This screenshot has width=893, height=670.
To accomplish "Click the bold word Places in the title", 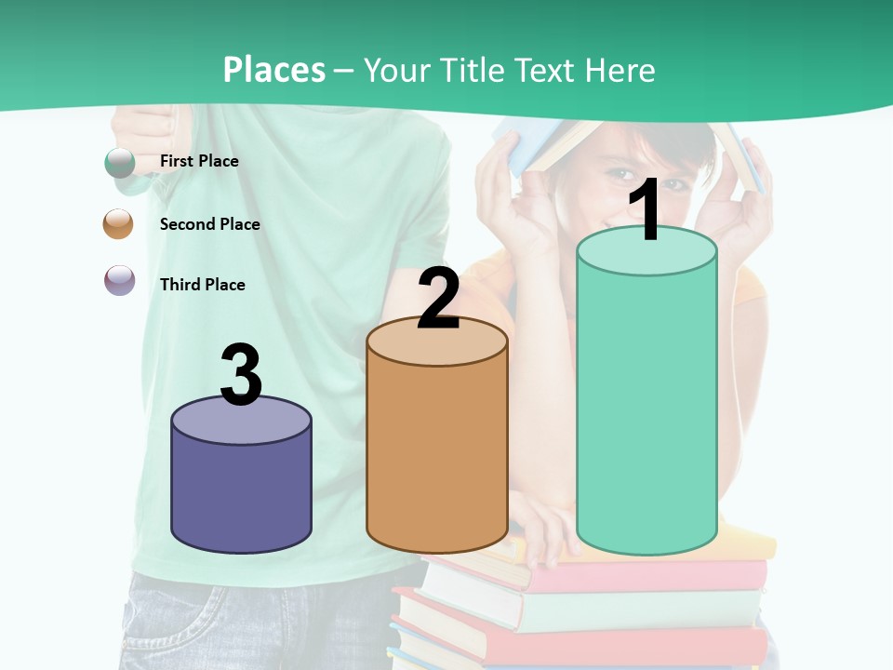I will pos(274,70).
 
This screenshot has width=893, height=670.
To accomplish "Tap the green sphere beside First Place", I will pos(119,162).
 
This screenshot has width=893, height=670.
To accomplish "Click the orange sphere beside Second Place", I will pos(118,224).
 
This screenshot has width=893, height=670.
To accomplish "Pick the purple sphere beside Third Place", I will pos(119,280).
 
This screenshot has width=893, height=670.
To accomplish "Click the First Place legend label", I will pos(199,161).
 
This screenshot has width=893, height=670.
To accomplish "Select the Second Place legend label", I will pos(209,224).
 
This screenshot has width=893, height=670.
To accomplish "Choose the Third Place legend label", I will pos(202,285).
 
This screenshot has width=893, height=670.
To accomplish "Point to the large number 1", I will pos(646,211).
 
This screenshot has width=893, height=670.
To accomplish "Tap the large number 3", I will pos(241,375).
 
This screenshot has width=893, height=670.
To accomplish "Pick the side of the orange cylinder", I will pos(437,456).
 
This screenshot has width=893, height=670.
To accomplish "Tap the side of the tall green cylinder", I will pos(646,409).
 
